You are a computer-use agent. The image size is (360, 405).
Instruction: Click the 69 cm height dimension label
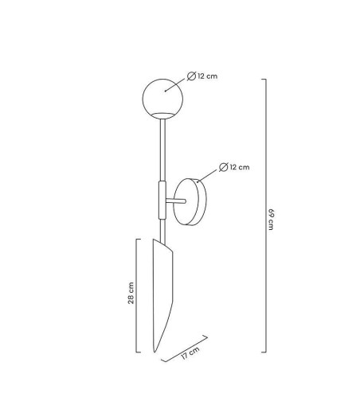[271, 220]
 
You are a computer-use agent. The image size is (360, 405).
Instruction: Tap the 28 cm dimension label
[131, 293]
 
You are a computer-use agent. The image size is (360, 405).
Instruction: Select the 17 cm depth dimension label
[190, 353]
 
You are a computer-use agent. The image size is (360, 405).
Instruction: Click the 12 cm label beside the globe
[207, 76]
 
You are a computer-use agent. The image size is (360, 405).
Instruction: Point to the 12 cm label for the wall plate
[240, 167]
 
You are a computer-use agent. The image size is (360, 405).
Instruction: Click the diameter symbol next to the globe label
[191, 76]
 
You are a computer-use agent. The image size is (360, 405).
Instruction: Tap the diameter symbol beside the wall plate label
[224, 167]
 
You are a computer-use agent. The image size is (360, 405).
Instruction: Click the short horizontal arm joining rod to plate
[176, 201]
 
